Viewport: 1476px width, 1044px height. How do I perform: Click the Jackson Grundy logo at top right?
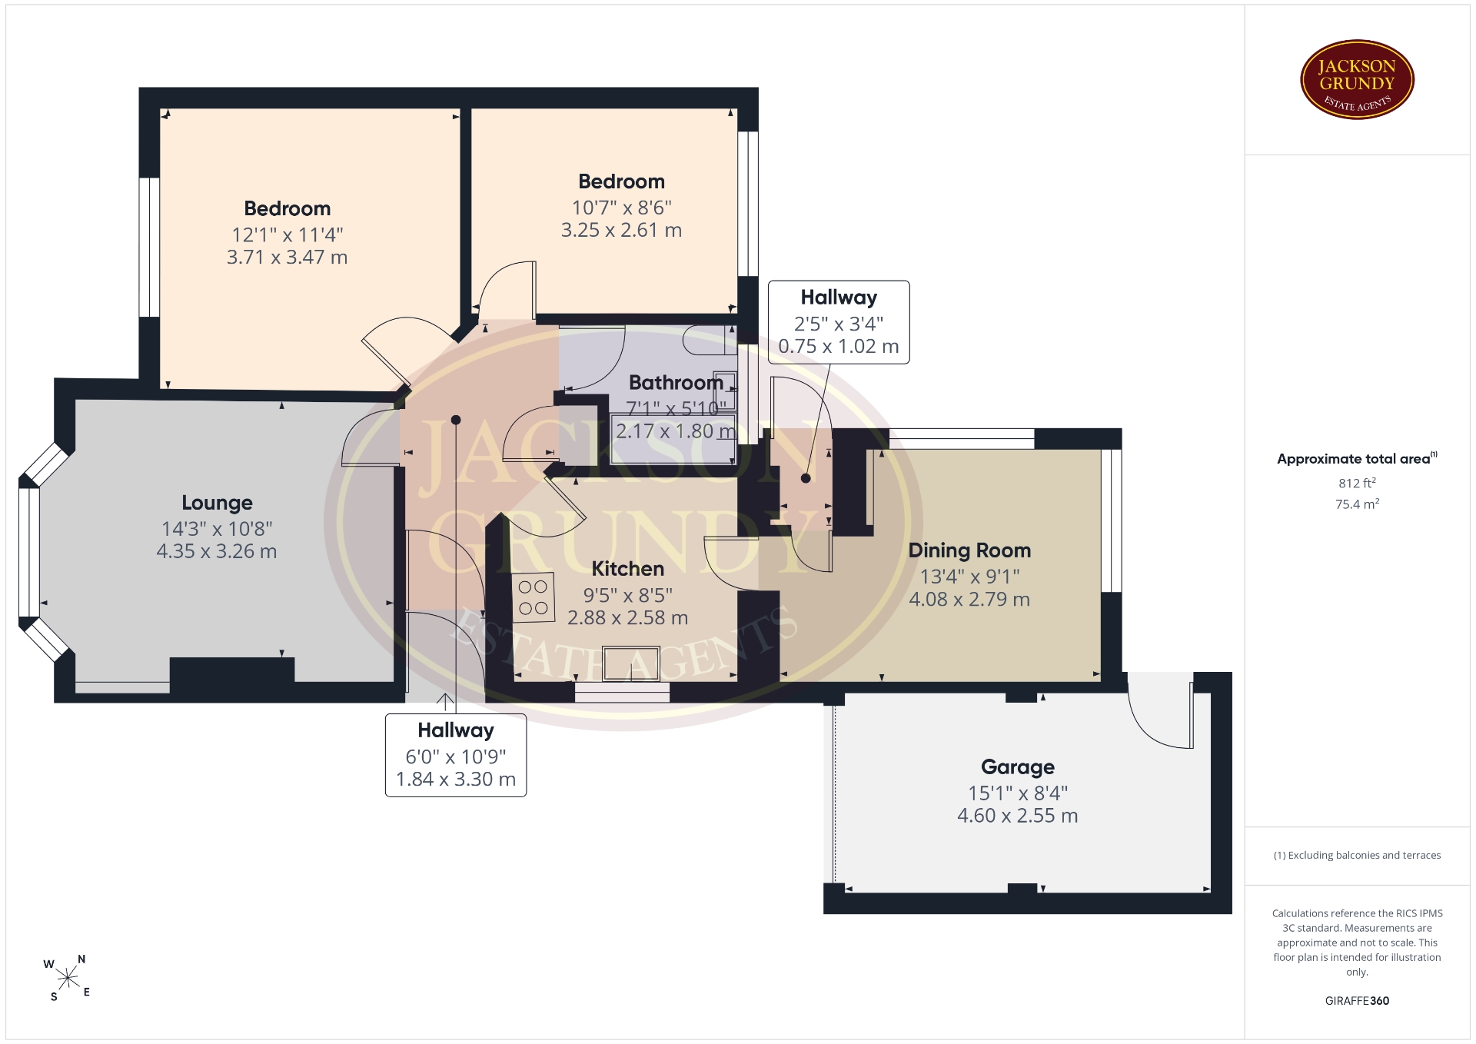(x=1357, y=80)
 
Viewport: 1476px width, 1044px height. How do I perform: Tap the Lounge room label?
(x=217, y=503)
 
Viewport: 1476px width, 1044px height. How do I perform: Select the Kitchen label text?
(x=627, y=569)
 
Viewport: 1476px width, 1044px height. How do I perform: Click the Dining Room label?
(x=969, y=550)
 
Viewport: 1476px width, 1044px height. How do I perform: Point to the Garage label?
(x=1018, y=767)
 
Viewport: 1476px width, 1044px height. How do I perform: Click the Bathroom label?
(x=676, y=382)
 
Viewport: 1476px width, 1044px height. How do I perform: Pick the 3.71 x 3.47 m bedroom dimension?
(x=287, y=257)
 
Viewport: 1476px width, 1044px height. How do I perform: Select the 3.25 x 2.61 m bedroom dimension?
(x=621, y=230)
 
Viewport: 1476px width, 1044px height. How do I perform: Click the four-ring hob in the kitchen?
(x=534, y=597)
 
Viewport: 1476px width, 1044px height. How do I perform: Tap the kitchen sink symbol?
(x=631, y=664)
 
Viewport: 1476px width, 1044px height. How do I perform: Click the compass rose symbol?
(x=68, y=978)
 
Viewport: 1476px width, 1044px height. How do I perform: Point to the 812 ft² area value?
(x=1357, y=483)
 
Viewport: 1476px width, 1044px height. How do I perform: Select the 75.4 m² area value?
(x=1357, y=504)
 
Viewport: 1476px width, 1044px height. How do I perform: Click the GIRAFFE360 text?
(x=1357, y=1001)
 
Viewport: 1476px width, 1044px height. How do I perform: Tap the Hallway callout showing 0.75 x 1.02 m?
(x=839, y=322)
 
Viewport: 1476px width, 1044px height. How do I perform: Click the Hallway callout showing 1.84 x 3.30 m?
(x=456, y=755)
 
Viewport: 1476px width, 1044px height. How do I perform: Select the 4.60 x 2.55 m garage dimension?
(x=1018, y=816)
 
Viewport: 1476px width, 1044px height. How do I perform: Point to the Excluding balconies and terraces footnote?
(x=1357, y=855)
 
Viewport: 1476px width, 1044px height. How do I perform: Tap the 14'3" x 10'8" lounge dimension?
(x=217, y=529)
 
